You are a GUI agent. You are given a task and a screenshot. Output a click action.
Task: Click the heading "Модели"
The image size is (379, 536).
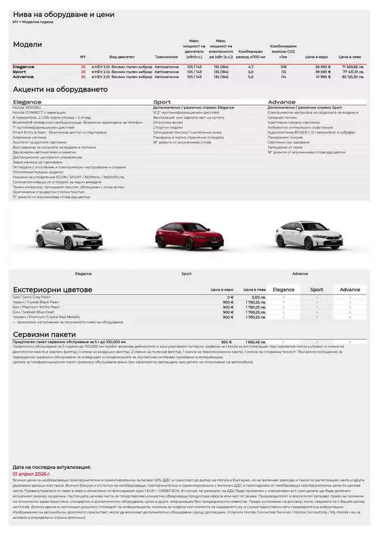(28, 45)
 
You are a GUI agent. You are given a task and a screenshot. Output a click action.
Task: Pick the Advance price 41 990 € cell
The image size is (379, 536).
(322, 77)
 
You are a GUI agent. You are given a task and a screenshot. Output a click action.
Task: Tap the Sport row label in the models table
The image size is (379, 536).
(20, 72)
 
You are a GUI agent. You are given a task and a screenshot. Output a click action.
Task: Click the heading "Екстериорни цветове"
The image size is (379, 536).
(53, 289)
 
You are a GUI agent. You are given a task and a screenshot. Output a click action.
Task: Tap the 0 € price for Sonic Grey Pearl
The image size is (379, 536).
(230, 297)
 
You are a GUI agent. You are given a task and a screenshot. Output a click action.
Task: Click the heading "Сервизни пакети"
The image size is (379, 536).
(45, 334)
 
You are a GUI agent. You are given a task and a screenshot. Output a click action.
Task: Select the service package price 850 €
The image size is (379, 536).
(227, 342)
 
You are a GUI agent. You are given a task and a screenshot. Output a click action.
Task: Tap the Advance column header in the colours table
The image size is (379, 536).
(350, 289)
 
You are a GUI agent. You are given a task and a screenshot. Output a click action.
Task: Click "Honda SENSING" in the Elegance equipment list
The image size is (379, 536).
(28, 107)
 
